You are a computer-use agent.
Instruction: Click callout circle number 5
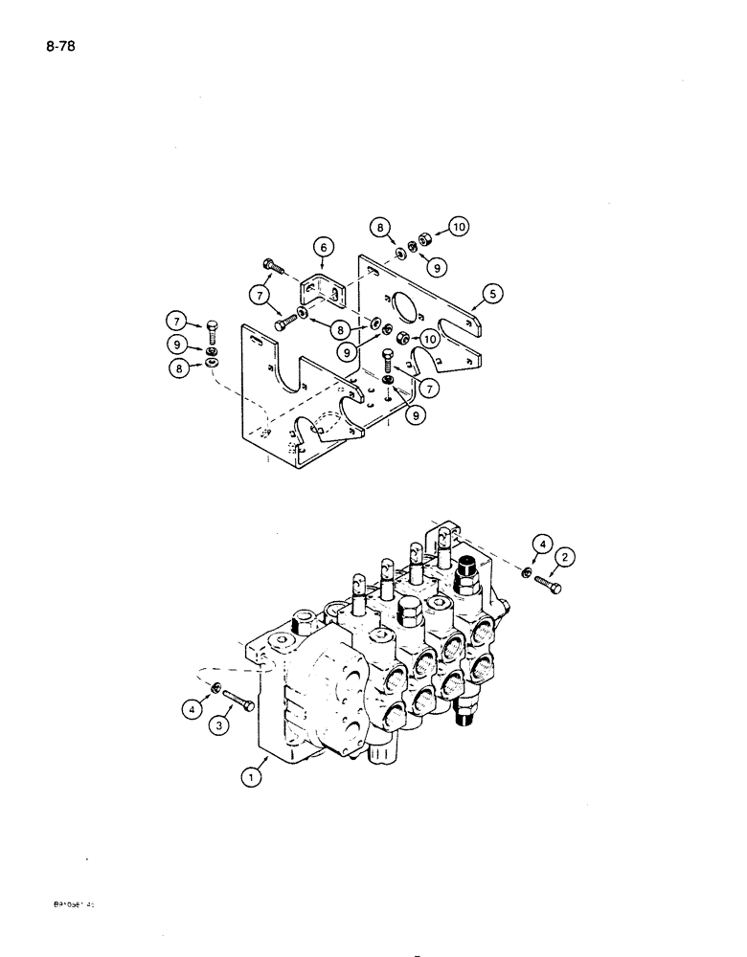(493, 296)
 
